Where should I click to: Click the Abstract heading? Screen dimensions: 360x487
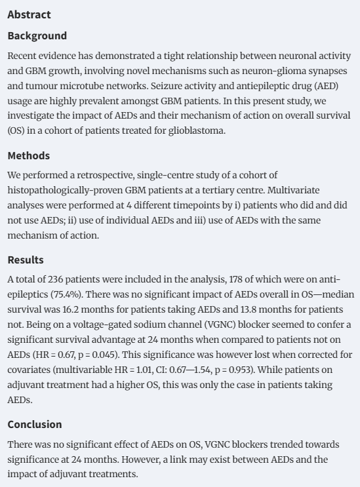click(x=29, y=14)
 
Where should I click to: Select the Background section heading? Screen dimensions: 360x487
click(x=37, y=35)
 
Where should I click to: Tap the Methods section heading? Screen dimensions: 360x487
click(x=28, y=156)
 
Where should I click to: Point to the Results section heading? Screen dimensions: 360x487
click(x=26, y=260)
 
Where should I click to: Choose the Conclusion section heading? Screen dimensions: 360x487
click(x=35, y=424)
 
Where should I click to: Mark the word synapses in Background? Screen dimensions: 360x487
click(x=327, y=69)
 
